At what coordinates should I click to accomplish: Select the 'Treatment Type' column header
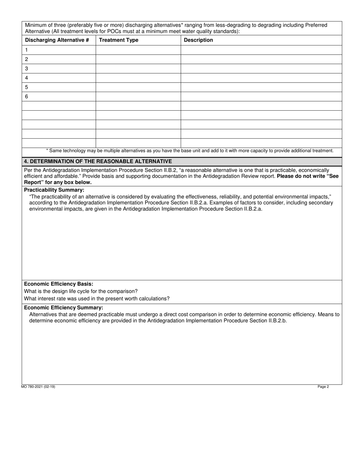[119, 40]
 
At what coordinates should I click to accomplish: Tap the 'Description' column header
[198, 40]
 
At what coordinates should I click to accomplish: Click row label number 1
[27, 50]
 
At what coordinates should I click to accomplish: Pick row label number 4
[27, 78]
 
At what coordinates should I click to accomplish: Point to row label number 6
[27, 97]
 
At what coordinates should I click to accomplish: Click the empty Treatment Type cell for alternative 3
[138, 69]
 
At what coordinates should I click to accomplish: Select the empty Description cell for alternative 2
[261, 59]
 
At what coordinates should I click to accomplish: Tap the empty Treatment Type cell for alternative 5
[138, 87]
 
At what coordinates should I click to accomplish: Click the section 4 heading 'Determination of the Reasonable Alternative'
[98, 161]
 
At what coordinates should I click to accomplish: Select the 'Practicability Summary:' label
[54, 190]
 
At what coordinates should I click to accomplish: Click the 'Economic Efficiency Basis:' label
[59, 284]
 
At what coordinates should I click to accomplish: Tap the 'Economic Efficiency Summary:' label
[64, 308]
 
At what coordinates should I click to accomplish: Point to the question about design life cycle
[81, 291]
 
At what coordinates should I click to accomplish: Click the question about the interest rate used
[97, 299]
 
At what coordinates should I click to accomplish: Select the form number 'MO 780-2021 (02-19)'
[38, 387]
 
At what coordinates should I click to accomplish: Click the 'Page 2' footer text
[323, 387]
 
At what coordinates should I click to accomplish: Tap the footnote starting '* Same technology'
[189, 151]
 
